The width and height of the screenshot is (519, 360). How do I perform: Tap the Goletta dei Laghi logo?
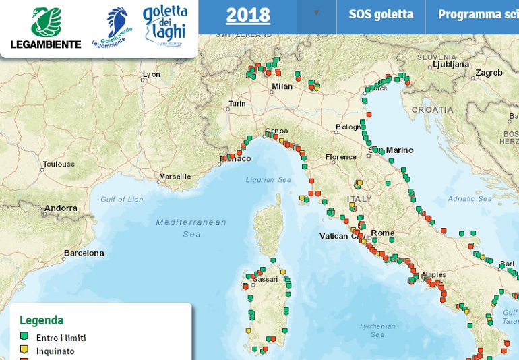[165, 26]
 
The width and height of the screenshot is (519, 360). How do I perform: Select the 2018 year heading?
[248, 15]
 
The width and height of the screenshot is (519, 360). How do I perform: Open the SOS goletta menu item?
[381, 14]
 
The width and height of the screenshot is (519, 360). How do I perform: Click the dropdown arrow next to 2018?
[316, 13]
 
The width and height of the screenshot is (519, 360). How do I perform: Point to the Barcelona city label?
[84, 253]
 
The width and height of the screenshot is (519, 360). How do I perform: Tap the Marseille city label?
[175, 177]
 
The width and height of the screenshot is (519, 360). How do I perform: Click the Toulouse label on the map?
[59, 164]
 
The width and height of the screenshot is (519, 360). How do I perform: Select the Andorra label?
[61, 209]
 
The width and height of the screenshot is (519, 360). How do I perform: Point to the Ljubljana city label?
[451, 65]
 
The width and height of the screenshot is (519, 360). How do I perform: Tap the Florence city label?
[340, 157]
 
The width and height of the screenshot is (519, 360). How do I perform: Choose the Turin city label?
[237, 104]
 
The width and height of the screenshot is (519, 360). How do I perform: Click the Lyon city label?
[152, 74]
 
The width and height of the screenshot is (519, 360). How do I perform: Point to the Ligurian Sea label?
[268, 180]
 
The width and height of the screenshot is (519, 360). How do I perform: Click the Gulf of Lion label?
[122, 199]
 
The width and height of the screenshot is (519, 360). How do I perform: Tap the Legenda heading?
[42, 320]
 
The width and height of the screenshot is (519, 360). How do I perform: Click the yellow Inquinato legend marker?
[24, 350]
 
